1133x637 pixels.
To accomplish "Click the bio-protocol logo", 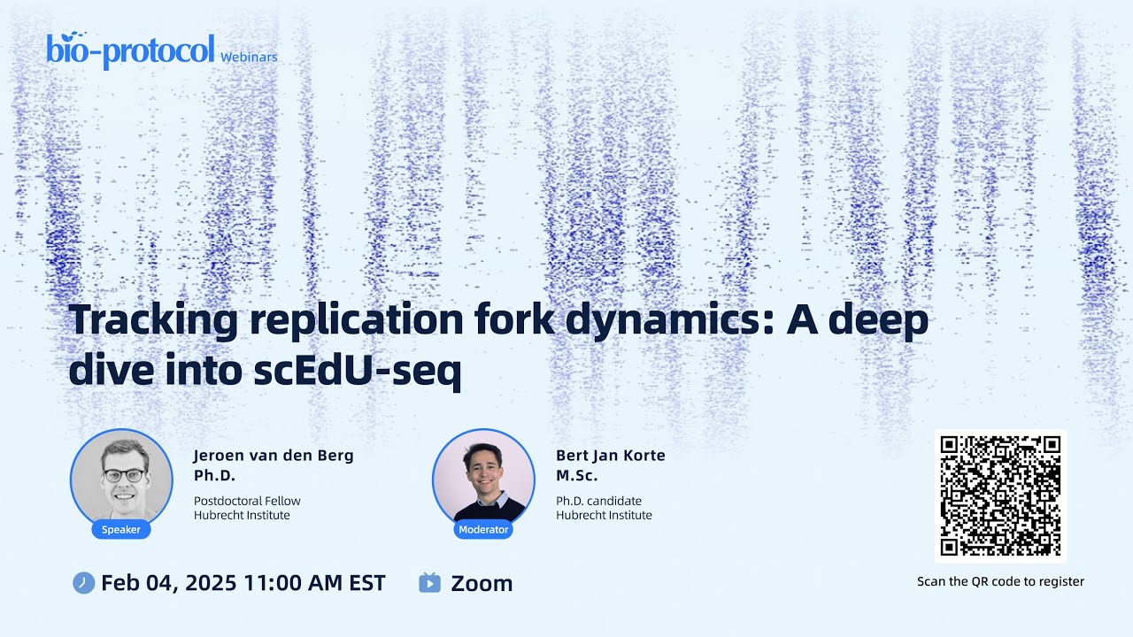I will point(130,50).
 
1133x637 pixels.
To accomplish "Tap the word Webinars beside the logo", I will point(249,57).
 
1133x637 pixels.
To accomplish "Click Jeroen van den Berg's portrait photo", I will point(121,478).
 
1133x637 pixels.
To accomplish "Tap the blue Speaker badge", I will point(121,530).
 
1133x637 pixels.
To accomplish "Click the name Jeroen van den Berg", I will point(273,456).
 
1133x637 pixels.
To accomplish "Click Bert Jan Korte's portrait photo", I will point(483,478).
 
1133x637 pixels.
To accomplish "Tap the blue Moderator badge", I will point(483,530).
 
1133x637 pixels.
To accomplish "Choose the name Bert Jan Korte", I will point(610,456).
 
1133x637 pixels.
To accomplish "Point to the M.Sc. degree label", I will point(576,476).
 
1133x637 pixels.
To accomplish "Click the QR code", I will point(1000,495).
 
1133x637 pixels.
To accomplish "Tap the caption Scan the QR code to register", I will point(1000,581).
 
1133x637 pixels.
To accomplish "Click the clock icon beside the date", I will point(83,583).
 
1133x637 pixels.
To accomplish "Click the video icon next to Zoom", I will point(429,583).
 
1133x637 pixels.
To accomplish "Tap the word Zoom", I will point(482,583).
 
